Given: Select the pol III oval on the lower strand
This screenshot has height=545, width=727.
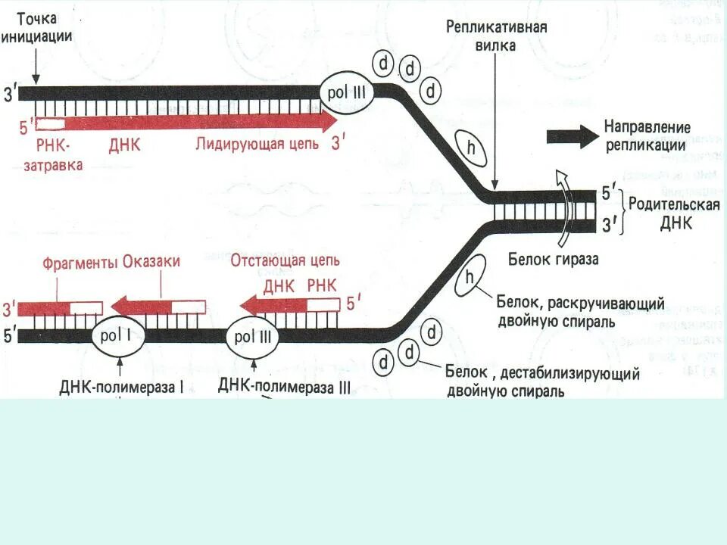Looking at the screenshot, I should click(252, 335).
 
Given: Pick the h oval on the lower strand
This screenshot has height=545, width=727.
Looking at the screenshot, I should click(470, 278).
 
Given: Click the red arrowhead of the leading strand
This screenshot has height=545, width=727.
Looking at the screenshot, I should click(327, 122).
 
